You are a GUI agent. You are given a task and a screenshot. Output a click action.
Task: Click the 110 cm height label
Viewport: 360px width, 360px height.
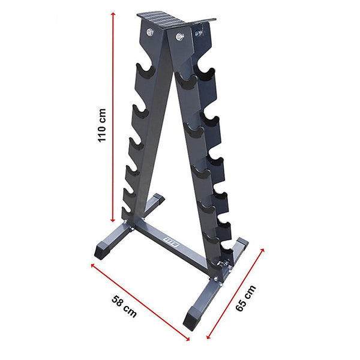[103, 125]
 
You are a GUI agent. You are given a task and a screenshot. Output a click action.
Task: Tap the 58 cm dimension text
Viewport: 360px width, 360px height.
[124, 305]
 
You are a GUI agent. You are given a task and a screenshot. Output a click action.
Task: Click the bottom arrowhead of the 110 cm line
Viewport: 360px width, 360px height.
[112, 220]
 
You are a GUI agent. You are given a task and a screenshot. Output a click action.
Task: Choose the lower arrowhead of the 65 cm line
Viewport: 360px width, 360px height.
[208, 337]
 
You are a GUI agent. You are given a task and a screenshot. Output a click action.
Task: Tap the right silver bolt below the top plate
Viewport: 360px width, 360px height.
[178, 38]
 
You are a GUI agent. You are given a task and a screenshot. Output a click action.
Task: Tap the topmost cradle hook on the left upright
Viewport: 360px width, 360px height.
[145, 70]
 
